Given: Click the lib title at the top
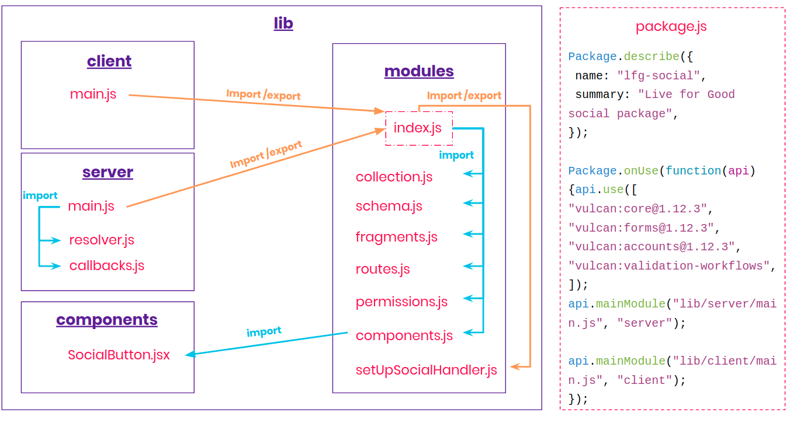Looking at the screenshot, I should click(283, 23).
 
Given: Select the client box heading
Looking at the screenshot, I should click(109, 61).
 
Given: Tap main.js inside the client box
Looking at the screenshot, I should click(93, 94).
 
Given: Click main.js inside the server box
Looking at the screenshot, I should click(91, 206).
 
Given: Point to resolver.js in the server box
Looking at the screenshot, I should click(102, 240).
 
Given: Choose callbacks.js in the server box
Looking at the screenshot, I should click(106, 265).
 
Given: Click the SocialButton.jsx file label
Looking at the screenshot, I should click(119, 355).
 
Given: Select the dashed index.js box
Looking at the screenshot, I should click(418, 128).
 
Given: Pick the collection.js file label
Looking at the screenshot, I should click(394, 177).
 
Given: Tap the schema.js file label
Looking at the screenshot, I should click(389, 206).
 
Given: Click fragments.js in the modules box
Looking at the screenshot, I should click(396, 237).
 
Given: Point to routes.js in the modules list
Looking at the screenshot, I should click(383, 269).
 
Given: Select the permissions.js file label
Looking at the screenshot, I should click(401, 302).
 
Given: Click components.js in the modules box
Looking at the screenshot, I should click(404, 335).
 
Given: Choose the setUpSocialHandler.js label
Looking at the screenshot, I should click(426, 370).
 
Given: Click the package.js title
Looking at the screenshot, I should click(671, 27).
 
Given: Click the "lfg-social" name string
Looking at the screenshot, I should click(658, 76).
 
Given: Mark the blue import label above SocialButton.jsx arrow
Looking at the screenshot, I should click(264, 331).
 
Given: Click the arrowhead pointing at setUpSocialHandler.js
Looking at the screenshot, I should click(514, 366).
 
